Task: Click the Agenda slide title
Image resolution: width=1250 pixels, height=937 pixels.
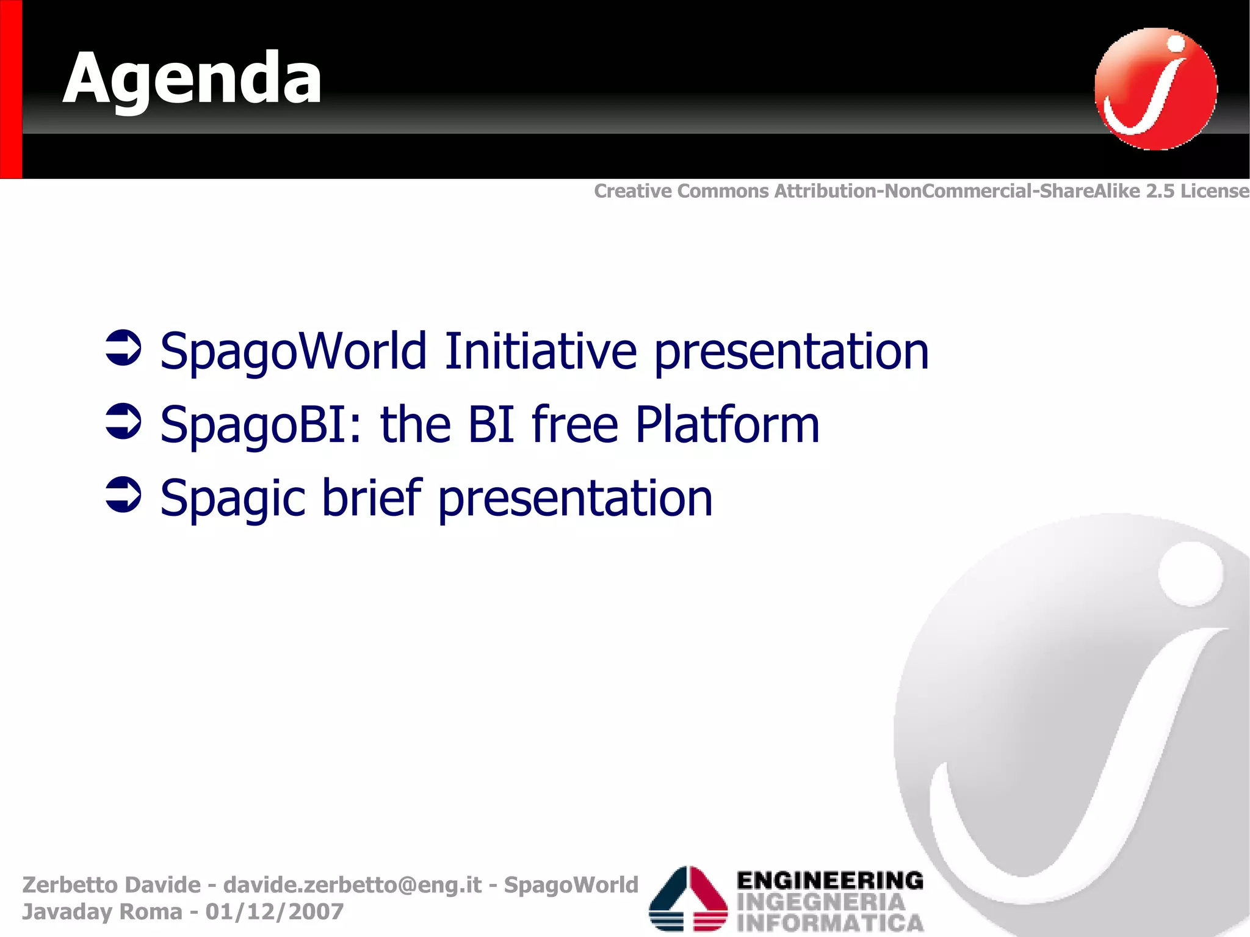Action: pos(192,79)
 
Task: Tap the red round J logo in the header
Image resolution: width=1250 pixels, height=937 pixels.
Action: pos(1155,89)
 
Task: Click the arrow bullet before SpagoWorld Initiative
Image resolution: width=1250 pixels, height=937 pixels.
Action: pos(123,349)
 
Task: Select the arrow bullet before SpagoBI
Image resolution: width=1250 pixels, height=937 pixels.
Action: pos(123,422)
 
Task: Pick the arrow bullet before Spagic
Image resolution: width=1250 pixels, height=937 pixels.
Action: pos(123,495)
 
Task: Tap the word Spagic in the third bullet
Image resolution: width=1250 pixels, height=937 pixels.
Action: pos(233,499)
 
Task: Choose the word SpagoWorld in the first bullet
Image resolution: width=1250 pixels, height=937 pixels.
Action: pos(293,352)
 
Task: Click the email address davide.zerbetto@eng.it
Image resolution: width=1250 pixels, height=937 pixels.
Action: pos(352,885)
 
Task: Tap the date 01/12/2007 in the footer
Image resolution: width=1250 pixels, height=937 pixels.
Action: pos(274,911)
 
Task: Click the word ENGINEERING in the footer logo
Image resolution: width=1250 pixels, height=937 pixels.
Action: pos(830,880)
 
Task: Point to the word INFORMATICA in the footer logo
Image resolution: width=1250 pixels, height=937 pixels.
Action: pos(830,922)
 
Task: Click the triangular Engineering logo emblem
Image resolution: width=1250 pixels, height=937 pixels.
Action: pos(688,899)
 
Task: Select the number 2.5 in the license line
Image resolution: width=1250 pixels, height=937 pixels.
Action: pos(1160,191)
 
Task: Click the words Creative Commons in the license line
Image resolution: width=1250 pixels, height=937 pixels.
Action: pos(681,191)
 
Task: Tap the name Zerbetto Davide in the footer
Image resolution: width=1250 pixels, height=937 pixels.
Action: pos(111,885)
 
